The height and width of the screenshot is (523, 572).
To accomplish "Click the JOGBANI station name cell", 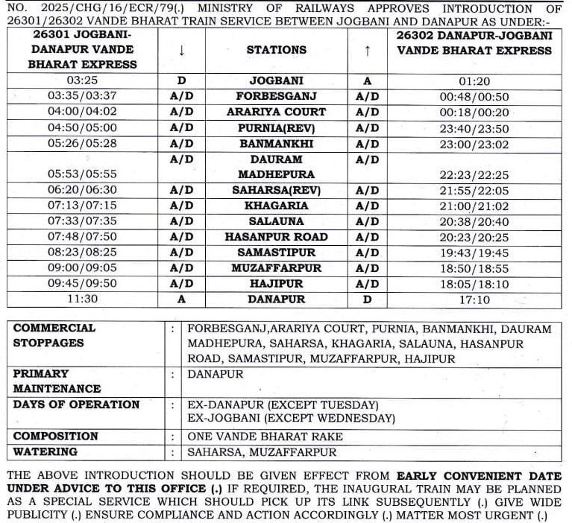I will tap(276, 81).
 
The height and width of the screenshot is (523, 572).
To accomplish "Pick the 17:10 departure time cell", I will tap(474, 299).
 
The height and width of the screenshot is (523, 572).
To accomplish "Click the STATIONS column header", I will tap(276, 50).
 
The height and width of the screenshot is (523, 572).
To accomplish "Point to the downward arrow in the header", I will tap(181, 50).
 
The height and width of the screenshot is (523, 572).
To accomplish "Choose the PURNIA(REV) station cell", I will tap(276, 128).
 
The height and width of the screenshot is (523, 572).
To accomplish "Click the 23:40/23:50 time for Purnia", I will tap(474, 128).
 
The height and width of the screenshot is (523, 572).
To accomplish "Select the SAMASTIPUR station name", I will tap(276, 253).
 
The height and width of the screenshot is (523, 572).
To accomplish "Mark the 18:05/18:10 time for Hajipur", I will tap(474, 284).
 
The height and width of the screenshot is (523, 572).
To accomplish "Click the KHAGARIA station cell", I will tap(276, 206).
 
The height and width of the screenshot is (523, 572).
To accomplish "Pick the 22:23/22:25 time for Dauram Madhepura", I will tap(474, 174).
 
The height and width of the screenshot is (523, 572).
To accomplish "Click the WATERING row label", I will tap(45, 452).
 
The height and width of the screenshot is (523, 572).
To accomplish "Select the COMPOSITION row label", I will tap(56, 437).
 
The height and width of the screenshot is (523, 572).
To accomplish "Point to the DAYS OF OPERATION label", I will tap(76, 405).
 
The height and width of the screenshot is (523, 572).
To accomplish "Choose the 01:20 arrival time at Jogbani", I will tap(474, 81).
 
